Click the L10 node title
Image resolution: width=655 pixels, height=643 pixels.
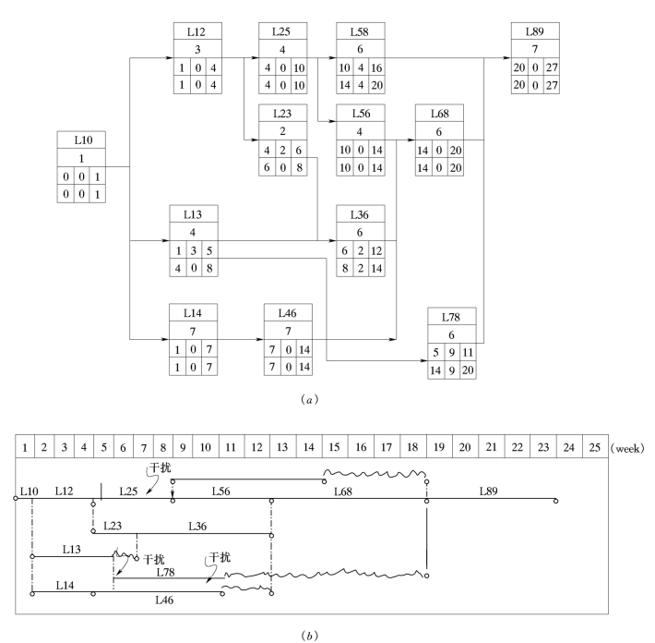pyautogui.click(x=81, y=140)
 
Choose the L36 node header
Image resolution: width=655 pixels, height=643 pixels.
pyautogui.click(x=362, y=214)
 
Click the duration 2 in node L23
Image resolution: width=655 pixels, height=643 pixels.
pyautogui.click(x=283, y=131)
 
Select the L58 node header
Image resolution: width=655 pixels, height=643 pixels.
pyautogui.click(x=361, y=30)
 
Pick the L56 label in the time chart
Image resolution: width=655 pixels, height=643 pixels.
pyautogui.click(x=221, y=491)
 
